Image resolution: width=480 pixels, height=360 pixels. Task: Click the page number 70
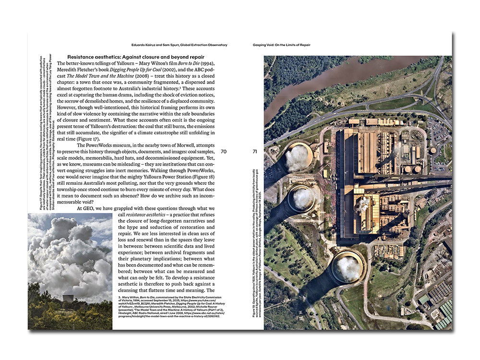point(224,152)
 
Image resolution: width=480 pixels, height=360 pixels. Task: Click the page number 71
point(255,152)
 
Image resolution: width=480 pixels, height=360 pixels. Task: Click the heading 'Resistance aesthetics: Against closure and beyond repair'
point(137,57)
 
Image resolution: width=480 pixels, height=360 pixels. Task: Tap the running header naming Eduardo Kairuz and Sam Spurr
point(179,45)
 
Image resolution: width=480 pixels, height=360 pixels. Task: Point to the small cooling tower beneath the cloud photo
point(68,298)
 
